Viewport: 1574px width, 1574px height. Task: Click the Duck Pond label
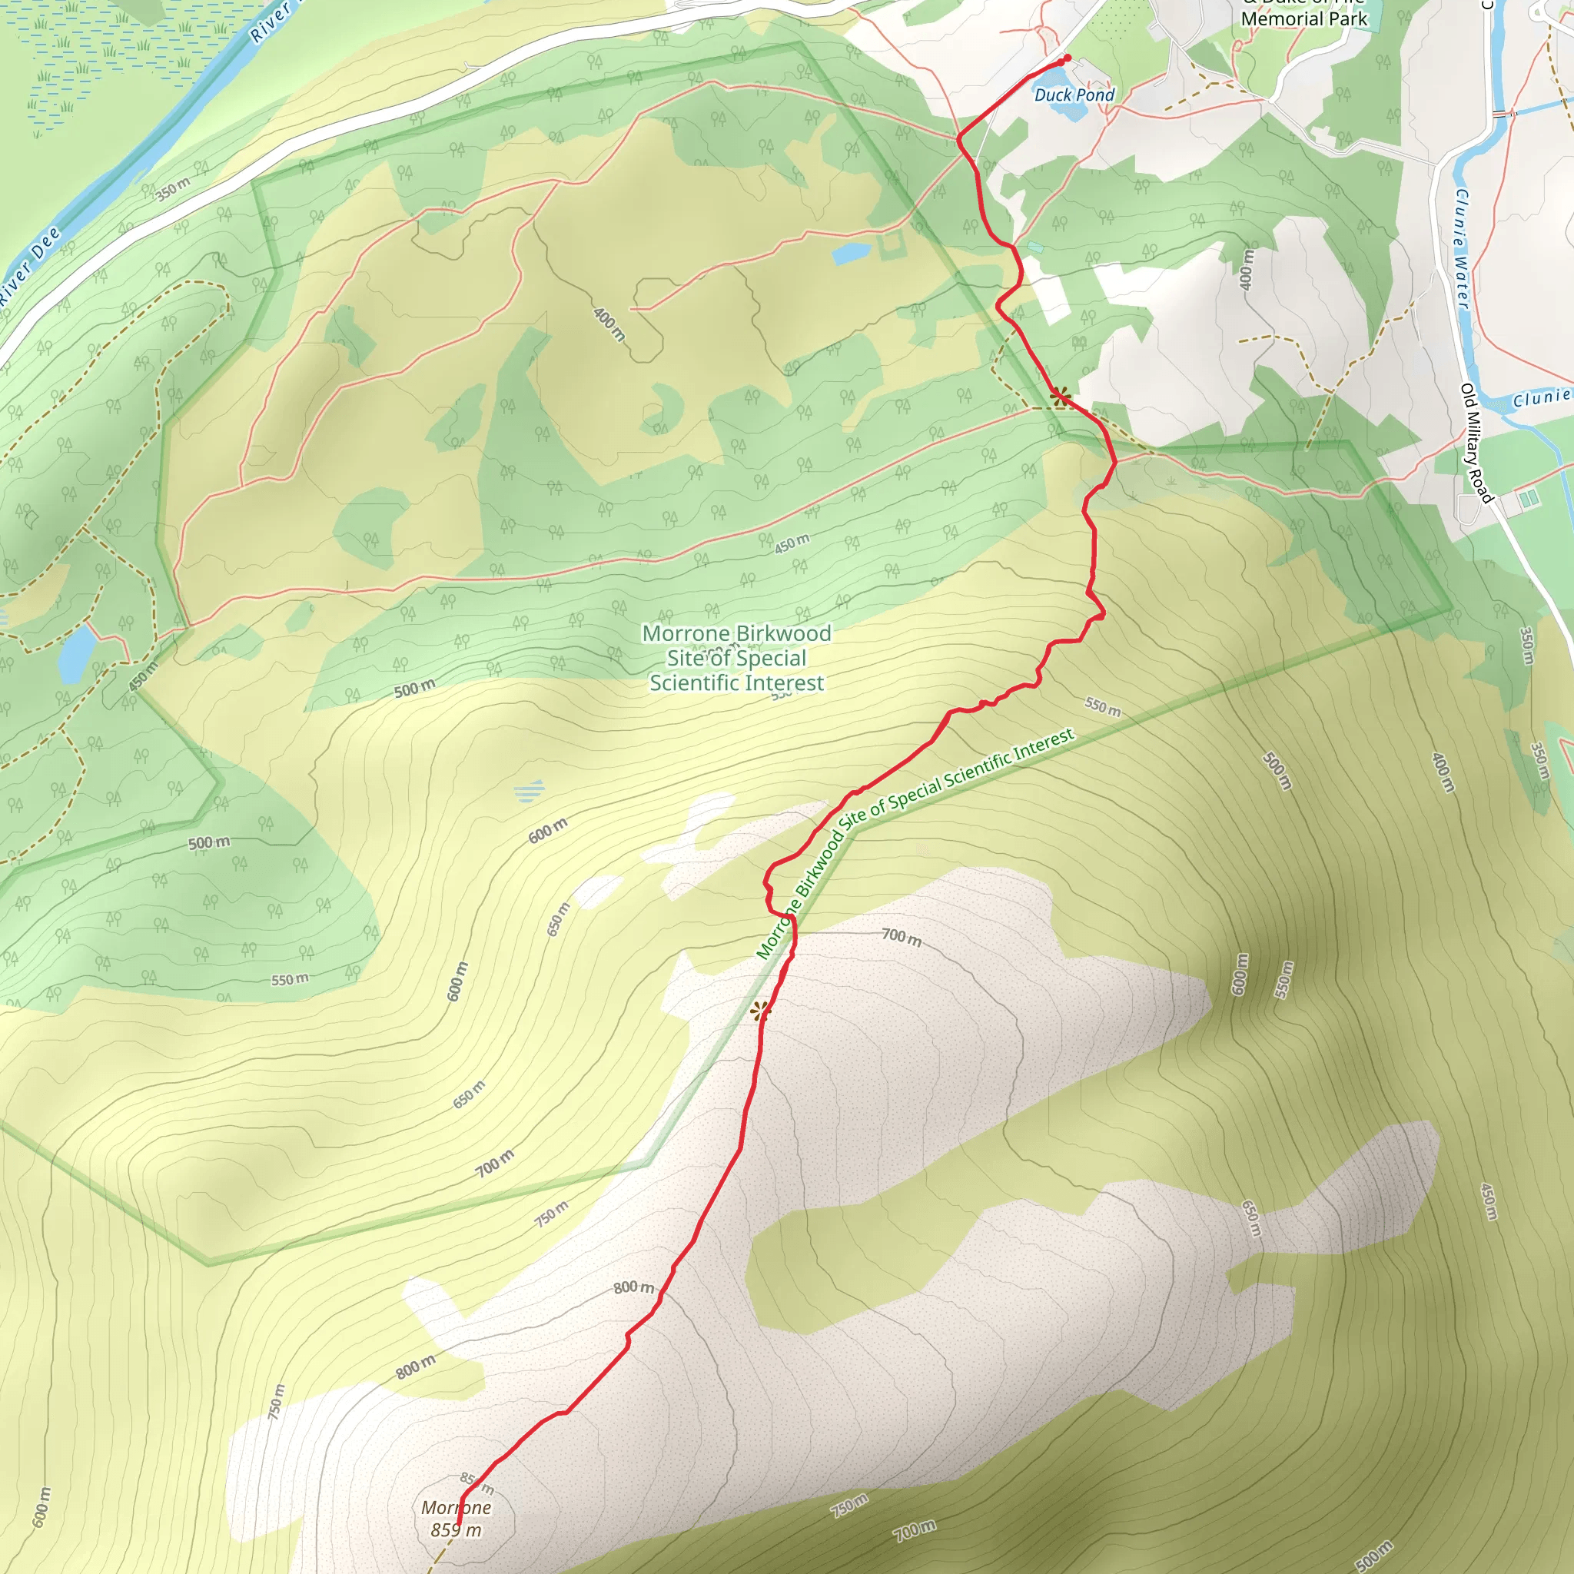coord(1074,95)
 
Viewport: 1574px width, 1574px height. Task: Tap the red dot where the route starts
coord(1068,58)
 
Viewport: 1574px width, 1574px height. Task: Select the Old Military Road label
coord(1476,443)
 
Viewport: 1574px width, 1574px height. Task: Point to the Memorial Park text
coord(1303,18)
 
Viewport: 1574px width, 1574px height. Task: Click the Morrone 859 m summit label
coord(457,1519)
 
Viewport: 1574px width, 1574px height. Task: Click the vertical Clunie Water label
coord(1463,248)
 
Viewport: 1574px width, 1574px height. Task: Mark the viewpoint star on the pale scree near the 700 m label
coord(759,1012)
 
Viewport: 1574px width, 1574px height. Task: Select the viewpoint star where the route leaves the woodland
coord(1060,397)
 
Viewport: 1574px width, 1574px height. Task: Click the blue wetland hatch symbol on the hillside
coord(529,790)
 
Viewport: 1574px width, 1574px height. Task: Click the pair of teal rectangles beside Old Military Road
coord(1529,496)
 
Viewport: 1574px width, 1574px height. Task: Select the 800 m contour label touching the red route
coord(633,1287)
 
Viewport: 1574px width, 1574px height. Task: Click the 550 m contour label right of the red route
coord(1102,706)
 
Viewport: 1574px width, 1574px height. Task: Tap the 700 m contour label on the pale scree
coord(901,937)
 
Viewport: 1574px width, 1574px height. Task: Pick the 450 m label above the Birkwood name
coord(792,543)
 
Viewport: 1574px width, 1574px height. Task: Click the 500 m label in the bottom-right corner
coord(1373,1555)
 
